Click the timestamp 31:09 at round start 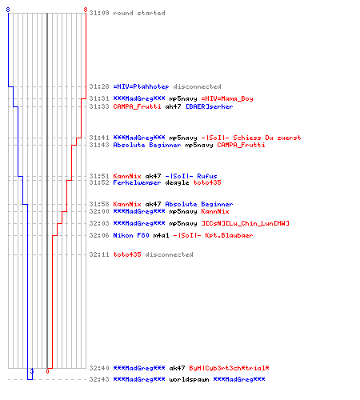point(99,13)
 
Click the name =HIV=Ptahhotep point(141,86)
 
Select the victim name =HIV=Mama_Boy point(227,98)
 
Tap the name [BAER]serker point(210,106)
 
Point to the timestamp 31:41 point(99,138)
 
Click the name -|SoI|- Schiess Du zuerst point(251,138)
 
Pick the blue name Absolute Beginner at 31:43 point(147,145)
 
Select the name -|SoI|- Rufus point(191,176)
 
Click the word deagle point(177,182)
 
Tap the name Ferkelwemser point(137,182)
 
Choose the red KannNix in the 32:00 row point(215,211)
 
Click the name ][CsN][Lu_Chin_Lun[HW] point(246,223)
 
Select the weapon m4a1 point(161,235)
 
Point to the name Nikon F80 point(131,235)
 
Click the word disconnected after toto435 point(169,254)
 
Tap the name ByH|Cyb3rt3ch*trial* point(229,368)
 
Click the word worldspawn point(189,379)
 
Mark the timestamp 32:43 point(99,379)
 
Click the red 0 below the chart point(47,371)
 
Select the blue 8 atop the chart point(8,10)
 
